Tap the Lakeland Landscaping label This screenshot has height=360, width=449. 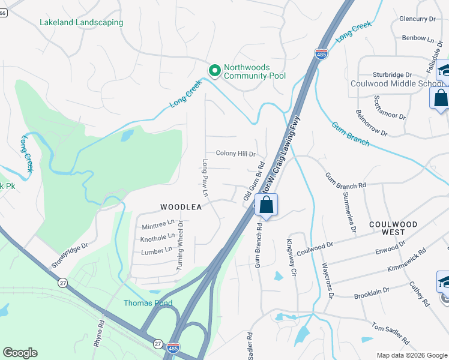point(81,23)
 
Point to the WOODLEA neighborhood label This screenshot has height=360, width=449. point(179,207)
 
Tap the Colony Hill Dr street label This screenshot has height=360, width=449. point(232,154)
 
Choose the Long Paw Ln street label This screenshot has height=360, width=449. point(205,179)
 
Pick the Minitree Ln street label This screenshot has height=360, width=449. point(158,226)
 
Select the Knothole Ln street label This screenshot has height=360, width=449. point(157,239)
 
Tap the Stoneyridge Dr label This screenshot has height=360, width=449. point(70,255)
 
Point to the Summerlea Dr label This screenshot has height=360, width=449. point(348,212)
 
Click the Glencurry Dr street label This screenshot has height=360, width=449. point(417,19)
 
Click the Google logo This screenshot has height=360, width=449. point(20,353)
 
